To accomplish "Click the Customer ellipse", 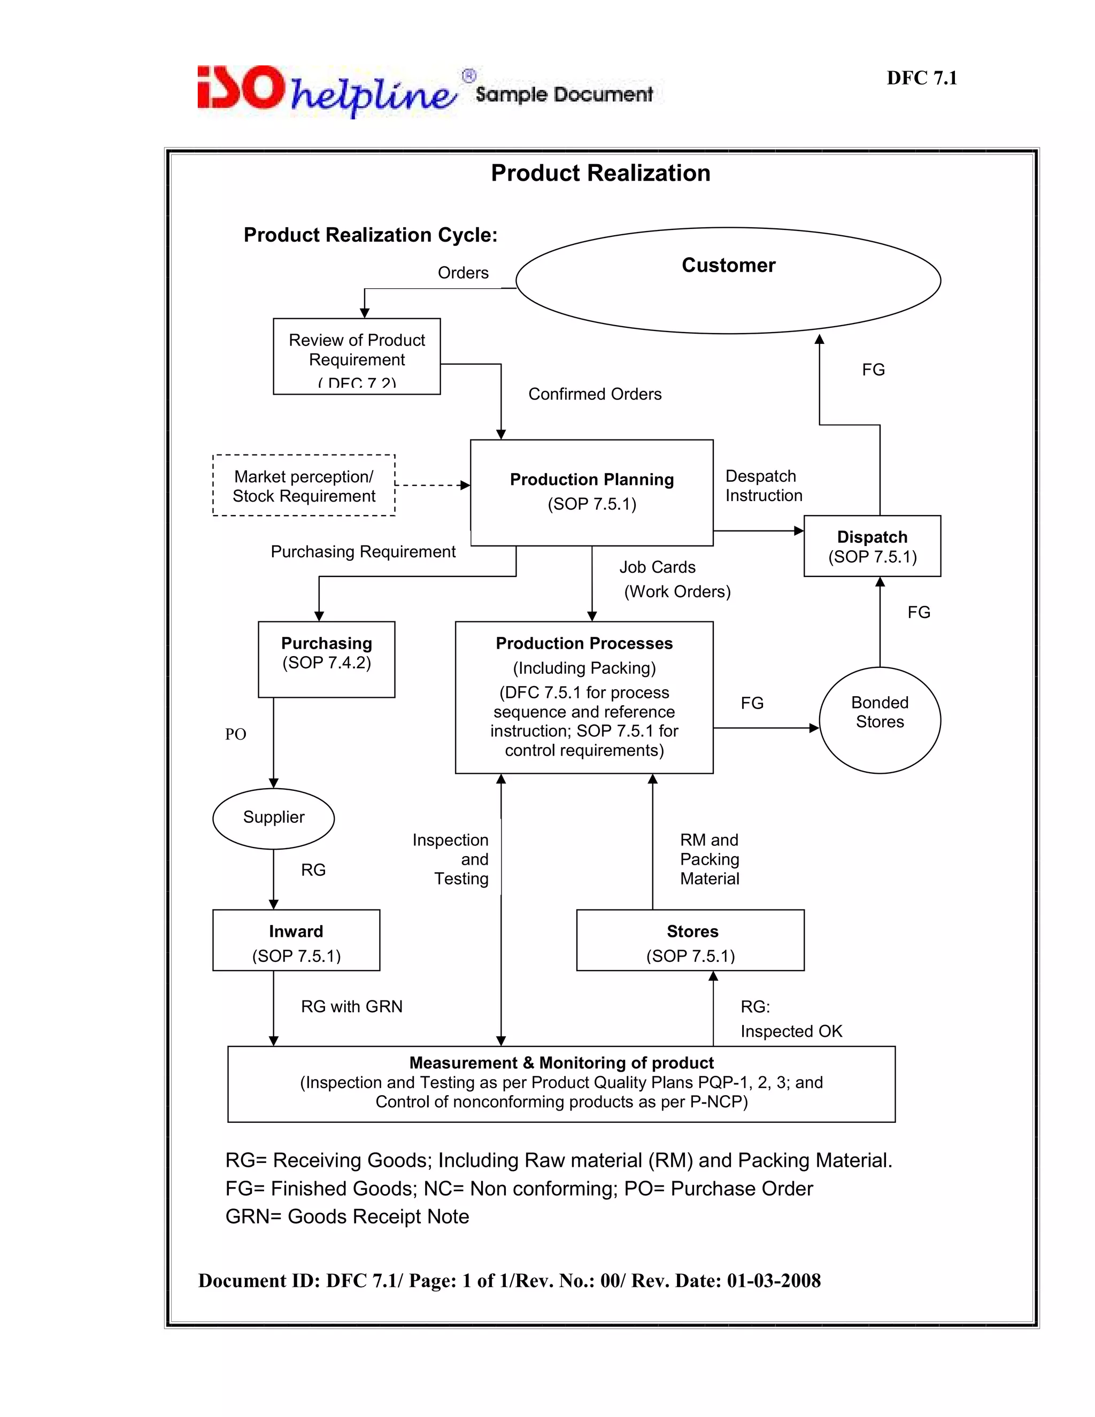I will [728, 280].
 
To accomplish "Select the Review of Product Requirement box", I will [356, 356].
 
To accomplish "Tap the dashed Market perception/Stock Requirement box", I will [304, 486].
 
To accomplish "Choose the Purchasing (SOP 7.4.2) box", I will [326, 659].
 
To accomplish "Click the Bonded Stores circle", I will [880, 720].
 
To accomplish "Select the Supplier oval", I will [273, 818].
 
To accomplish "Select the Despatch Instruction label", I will [763, 486].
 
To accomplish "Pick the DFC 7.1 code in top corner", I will [921, 78].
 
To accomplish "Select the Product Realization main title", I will [600, 173].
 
